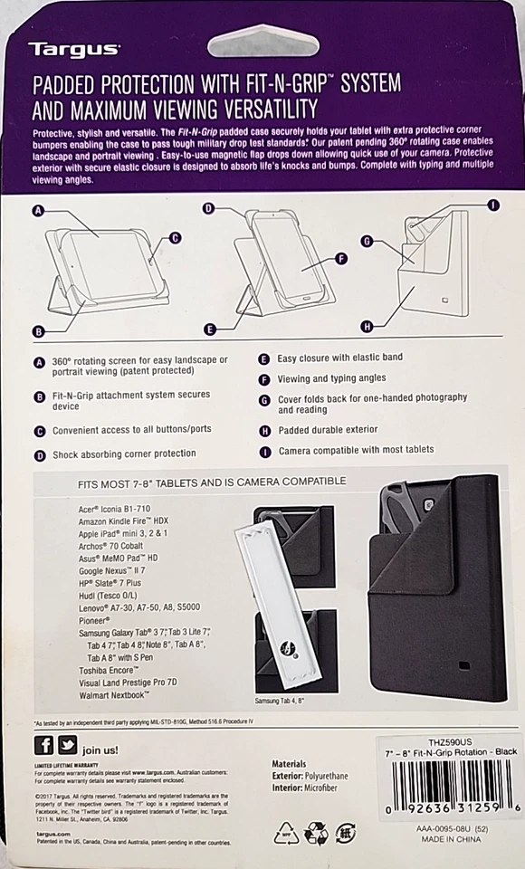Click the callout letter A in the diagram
38,212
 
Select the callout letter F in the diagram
341,259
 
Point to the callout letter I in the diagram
492,205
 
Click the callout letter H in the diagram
367,326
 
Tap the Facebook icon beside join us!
43,745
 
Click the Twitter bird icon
68,745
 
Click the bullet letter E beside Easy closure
264,358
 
